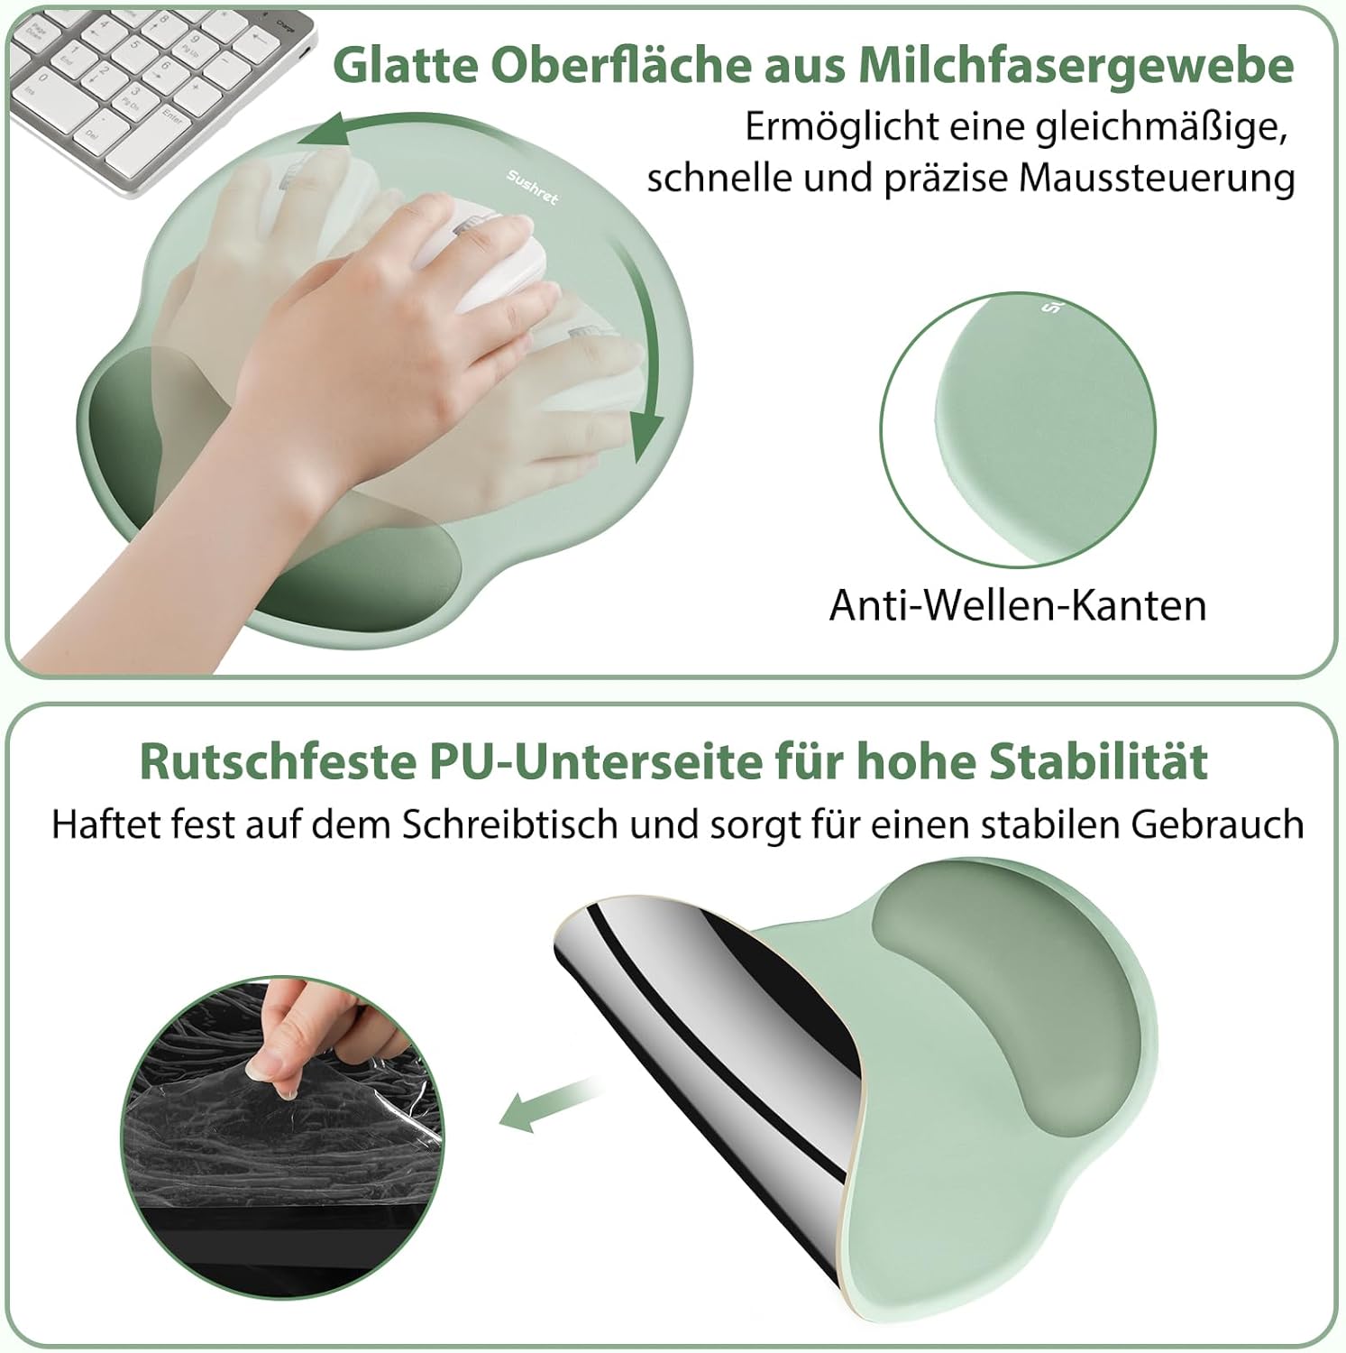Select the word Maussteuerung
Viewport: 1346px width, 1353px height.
(x=1158, y=179)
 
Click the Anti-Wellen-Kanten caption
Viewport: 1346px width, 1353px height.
(x=1018, y=605)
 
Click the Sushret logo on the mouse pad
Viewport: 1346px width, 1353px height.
(x=532, y=187)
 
